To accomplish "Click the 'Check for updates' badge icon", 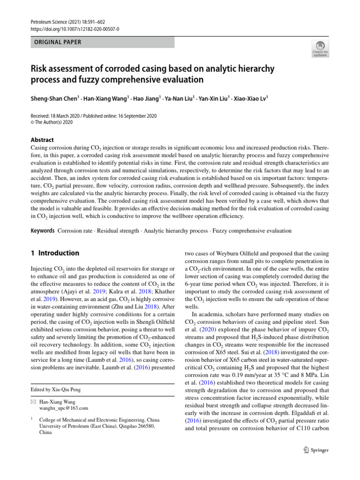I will click(x=320, y=49).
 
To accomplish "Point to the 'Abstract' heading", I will click(x=42, y=140).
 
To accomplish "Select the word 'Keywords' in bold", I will click(x=42, y=231).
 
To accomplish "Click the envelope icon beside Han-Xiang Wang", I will click(x=32, y=402).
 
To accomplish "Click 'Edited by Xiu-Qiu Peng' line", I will click(x=57, y=390).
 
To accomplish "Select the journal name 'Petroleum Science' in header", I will click(x=49, y=22).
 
